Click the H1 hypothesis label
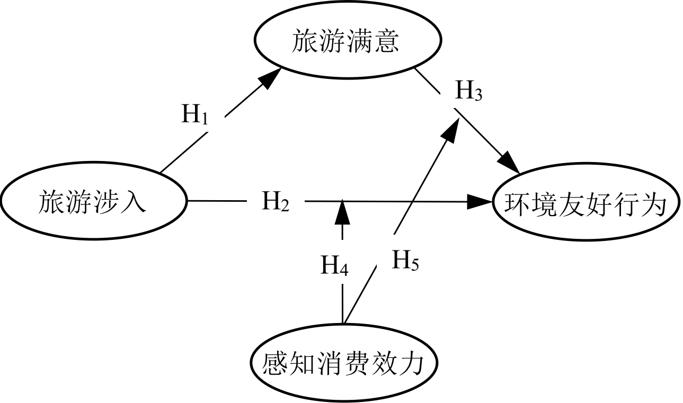point(194,114)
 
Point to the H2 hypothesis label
point(276,201)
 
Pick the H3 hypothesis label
point(468,91)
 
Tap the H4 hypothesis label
point(334,265)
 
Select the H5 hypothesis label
point(405,259)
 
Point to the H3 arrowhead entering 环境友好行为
point(509,163)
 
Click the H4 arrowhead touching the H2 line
point(342,212)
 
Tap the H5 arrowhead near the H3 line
point(452,130)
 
